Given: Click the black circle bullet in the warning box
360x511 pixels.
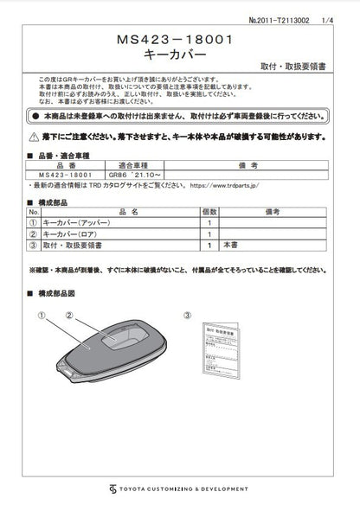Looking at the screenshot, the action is point(35,115).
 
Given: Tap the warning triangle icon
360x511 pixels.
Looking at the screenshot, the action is point(35,136).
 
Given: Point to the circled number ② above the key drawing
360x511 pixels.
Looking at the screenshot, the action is point(68,316).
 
